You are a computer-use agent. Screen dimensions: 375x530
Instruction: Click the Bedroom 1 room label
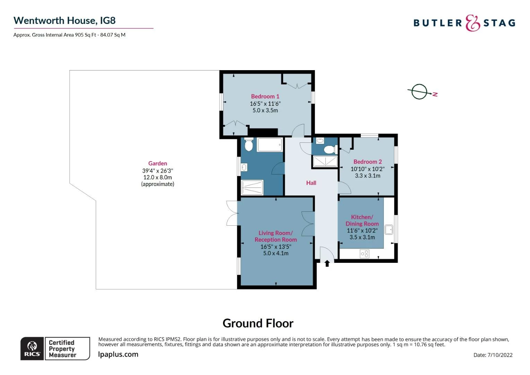click(265, 97)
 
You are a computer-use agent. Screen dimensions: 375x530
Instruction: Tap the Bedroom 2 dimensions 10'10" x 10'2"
click(367, 169)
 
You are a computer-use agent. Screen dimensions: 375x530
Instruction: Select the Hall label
click(311, 183)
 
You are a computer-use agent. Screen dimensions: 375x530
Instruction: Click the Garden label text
click(157, 164)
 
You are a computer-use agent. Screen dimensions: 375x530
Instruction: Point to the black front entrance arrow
click(327, 263)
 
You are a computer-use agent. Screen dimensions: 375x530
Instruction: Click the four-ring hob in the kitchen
click(364, 254)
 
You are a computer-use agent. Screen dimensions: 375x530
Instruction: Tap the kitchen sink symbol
click(389, 229)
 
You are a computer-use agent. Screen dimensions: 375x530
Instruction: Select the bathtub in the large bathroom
click(270, 144)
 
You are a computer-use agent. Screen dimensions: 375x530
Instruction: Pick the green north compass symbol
click(420, 92)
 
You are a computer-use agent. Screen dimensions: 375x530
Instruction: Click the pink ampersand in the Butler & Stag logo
click(472, 23)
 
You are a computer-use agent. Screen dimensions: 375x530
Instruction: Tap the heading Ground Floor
click(258, 323)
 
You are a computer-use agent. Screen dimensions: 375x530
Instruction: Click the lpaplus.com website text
click(118, 355)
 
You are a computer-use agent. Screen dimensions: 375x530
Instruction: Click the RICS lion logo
click(32, 348)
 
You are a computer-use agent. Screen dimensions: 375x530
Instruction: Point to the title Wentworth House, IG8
click(65, 20)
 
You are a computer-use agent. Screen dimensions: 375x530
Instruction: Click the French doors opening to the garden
click(231, 213)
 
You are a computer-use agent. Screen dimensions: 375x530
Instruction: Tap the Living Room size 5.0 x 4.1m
click(276, 253)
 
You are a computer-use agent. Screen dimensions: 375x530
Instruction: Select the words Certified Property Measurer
click(62, 349)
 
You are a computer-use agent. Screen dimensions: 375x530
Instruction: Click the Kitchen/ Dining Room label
click(362, 220)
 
